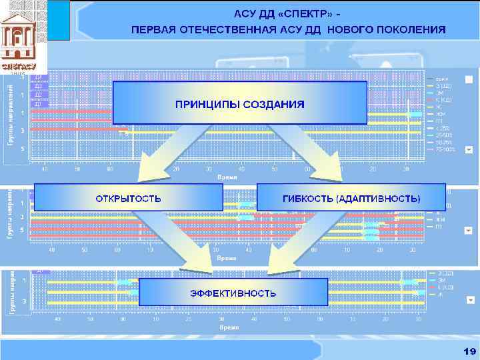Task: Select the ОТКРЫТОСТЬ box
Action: tap(128, 198)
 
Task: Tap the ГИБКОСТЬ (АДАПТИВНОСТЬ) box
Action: tap(351, 198)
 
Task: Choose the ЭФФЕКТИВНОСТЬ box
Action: tap(233, 293)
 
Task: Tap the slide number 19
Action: tap(469, 351)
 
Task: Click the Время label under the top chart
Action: tap(227, 177)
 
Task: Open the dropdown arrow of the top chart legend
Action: tap(468, 79)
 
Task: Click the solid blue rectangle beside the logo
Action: tap(59, 20)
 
